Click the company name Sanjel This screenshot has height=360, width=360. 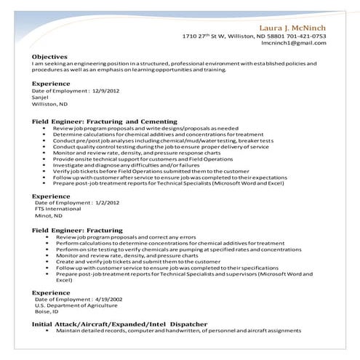coord(42,97)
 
